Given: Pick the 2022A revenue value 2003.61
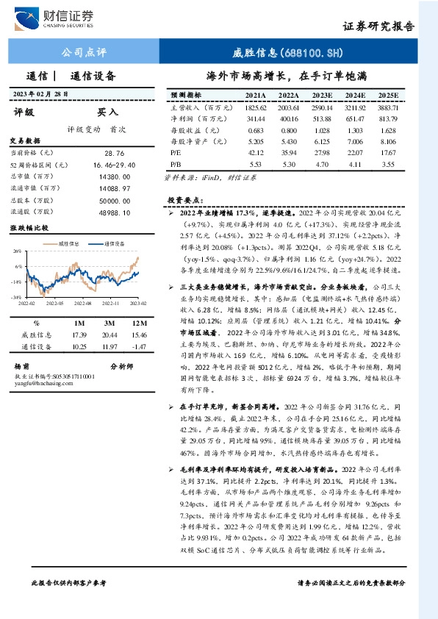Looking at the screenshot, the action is point(289,107).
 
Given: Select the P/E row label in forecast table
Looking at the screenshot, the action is point(175,153).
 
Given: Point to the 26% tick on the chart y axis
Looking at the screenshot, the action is point(15,252).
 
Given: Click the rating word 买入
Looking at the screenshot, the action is point(107,112).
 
